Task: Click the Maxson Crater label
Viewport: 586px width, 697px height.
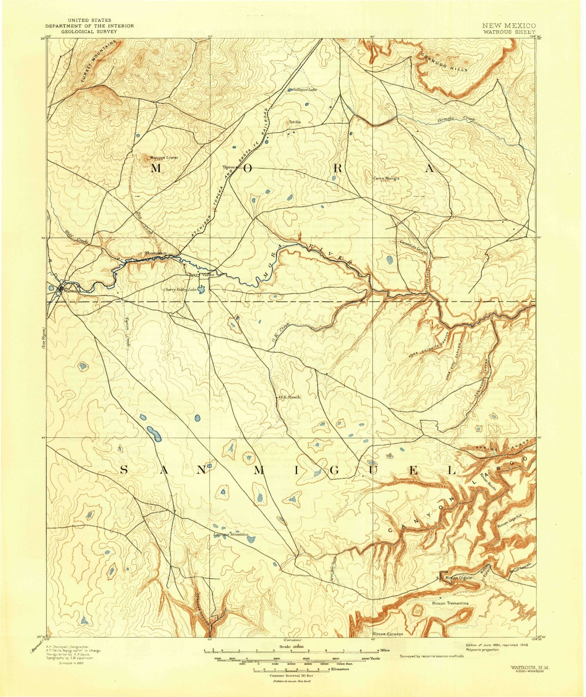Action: click(164, 158)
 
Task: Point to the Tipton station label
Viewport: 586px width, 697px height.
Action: click(228, 167)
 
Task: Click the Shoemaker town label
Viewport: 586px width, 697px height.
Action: click(155, 253)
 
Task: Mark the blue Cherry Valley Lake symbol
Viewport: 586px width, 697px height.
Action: click(201, 290)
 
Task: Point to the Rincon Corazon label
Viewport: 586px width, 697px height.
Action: click(388, 634)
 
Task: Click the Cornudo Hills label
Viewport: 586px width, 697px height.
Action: click(444, 62)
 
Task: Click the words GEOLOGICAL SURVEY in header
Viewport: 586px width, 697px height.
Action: click(89, 32)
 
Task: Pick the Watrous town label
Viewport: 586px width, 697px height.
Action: click(71, 291)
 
